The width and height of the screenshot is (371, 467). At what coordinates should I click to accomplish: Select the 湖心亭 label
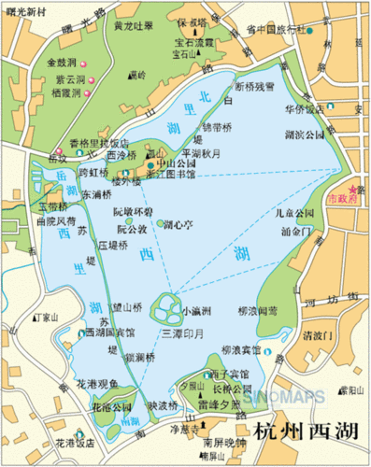(x=179, y=225)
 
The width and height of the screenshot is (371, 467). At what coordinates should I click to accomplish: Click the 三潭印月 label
(x=180, y=333)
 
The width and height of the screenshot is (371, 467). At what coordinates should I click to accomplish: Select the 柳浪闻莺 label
(x=258, y=310)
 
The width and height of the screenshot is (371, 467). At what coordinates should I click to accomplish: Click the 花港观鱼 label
(x=96, y=383)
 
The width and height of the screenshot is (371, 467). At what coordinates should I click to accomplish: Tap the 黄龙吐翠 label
(x=132, y=26)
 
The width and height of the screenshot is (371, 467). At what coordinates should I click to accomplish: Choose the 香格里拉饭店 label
(x=98, y=143)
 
